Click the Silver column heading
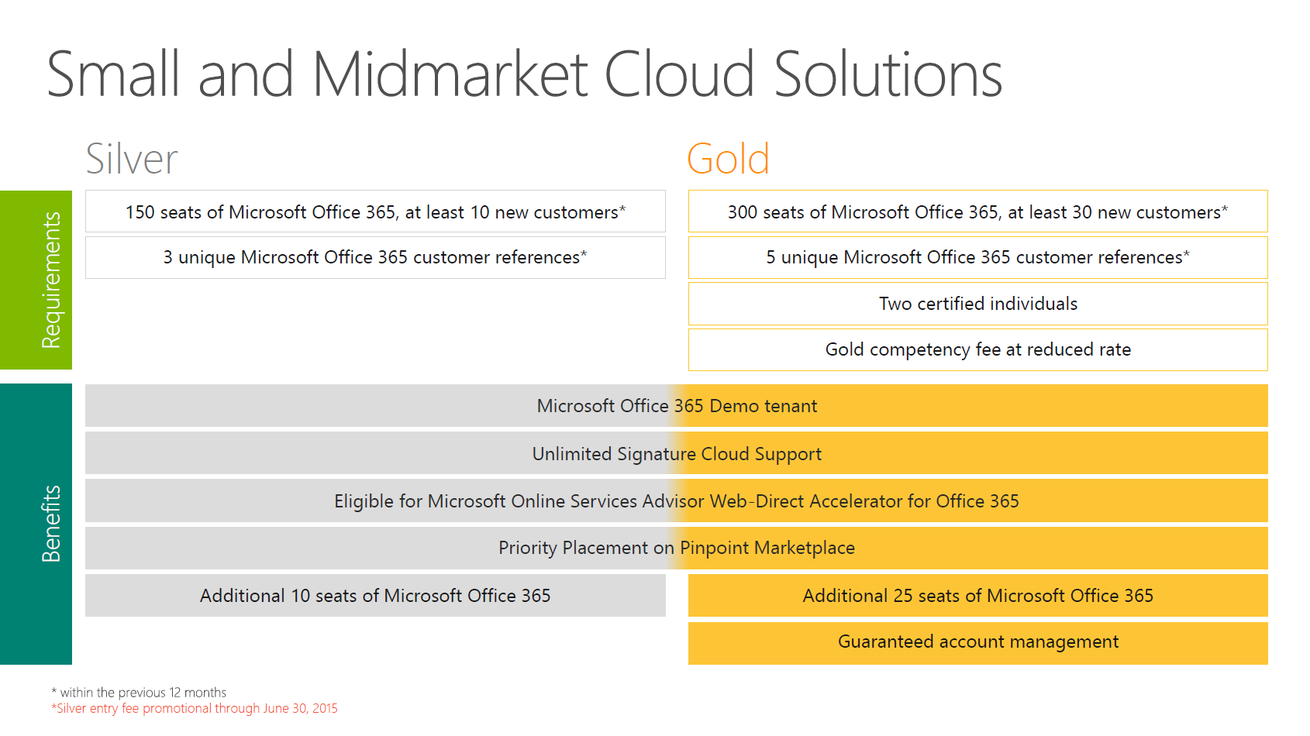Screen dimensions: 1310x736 [x=132, y=158]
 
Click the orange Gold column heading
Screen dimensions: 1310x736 [x=728, y=158]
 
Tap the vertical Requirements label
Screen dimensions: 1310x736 [x=51, y=280]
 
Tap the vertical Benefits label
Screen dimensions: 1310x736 [x=51, y=524]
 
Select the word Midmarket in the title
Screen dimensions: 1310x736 [x=450, y=74]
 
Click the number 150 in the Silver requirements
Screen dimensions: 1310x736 [x=140, y=212]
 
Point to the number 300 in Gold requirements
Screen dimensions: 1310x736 [x=743, y=212]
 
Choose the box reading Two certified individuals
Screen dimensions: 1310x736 [x=977, y=304]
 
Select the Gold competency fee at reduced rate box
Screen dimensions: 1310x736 [x=977, y=349]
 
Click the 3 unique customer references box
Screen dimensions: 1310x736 [x=375, y=257]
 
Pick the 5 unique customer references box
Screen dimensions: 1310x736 [x=977, y=257]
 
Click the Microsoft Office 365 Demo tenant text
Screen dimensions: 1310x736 [x=677, y=406]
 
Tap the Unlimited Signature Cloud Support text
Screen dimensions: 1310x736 [x=677, y=454]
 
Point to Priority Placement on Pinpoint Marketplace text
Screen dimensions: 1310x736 [x=677, y=548]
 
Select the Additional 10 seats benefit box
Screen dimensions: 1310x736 [x=375, y=595]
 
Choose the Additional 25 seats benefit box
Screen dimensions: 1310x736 [x=977, y=595]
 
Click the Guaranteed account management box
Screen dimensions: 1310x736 [x=977, y=643]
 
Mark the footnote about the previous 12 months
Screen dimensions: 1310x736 [x=139, y=692]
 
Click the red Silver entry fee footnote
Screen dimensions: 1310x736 [x=194, y=709]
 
